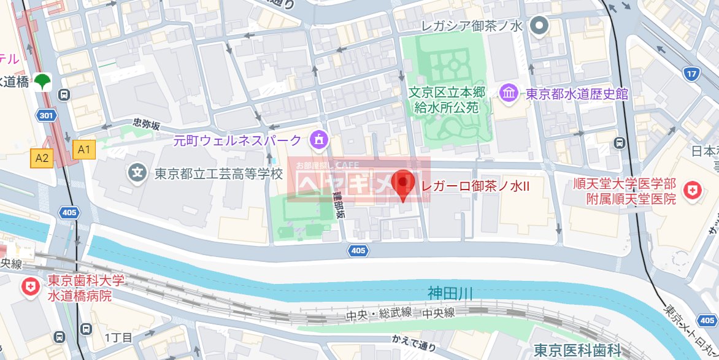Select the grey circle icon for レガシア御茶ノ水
539,26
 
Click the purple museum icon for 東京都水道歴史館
509,94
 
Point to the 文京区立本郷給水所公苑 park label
447,101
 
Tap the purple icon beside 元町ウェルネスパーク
318,140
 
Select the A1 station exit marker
84,148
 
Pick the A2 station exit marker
42,158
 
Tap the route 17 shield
692,74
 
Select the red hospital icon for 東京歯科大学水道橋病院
29,286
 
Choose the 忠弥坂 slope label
147,124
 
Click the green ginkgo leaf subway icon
43,81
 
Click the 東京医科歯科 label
577,350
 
